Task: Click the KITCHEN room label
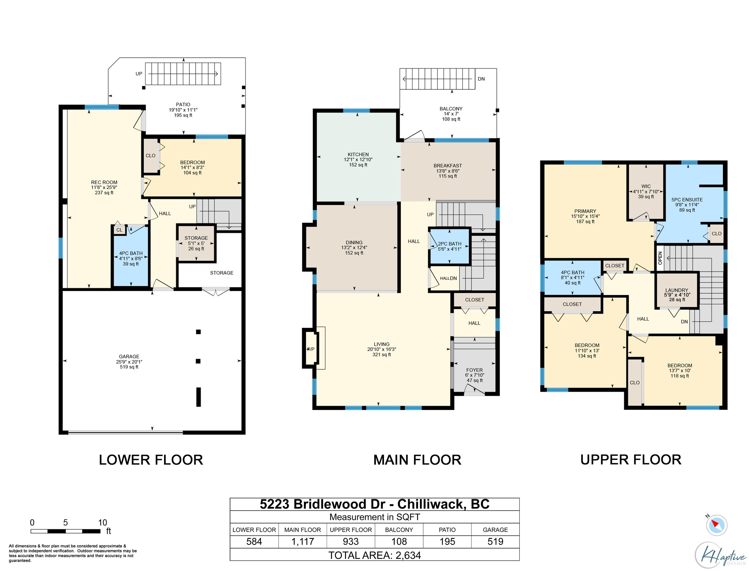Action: (358, 154)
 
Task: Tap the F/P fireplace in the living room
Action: (311, 349)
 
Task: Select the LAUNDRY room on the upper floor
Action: (676, 291)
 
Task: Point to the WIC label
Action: (646, 186)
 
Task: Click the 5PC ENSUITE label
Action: (687, 200)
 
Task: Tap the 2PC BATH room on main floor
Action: (449, 246)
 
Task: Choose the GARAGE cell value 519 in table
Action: (495, 542)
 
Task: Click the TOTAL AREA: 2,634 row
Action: (374, 555)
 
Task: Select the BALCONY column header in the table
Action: (399, 530)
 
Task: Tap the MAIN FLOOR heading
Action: (417, 460)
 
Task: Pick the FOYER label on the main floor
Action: (474, 370)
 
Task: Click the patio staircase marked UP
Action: (183, 73)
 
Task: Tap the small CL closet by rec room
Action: (119, 230)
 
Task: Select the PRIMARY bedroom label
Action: (585, 211)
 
